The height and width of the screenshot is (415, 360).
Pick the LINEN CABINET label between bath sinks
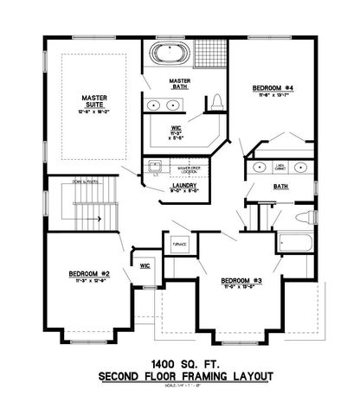pyautogui.click(x=280, y=165)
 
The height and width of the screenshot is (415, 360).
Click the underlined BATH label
pyautogui.click(x=280, y=186)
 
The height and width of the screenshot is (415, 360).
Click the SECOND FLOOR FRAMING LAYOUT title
pyautogui.click(x=185, y=376)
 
